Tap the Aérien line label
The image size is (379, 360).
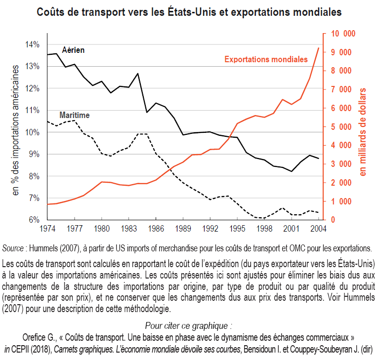[x=73, y=50]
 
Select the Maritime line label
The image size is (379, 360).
[x=74, y=115]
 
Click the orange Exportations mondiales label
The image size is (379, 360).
[x=266, y=59]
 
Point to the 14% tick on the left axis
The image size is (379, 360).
[x=33, y=45]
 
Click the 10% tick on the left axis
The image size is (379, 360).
[x=33, y=132]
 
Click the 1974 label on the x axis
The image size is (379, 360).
[x=47, y=229]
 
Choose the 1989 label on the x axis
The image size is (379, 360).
[x=183, y=229]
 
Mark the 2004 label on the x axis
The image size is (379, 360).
[x=318, y=229]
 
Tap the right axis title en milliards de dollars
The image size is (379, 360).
[x=363, y=131]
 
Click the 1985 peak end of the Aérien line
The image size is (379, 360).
[x=137, y=74]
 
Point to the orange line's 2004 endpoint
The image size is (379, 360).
[x=318, y=48]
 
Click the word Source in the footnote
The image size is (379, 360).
[x=12, y=247]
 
